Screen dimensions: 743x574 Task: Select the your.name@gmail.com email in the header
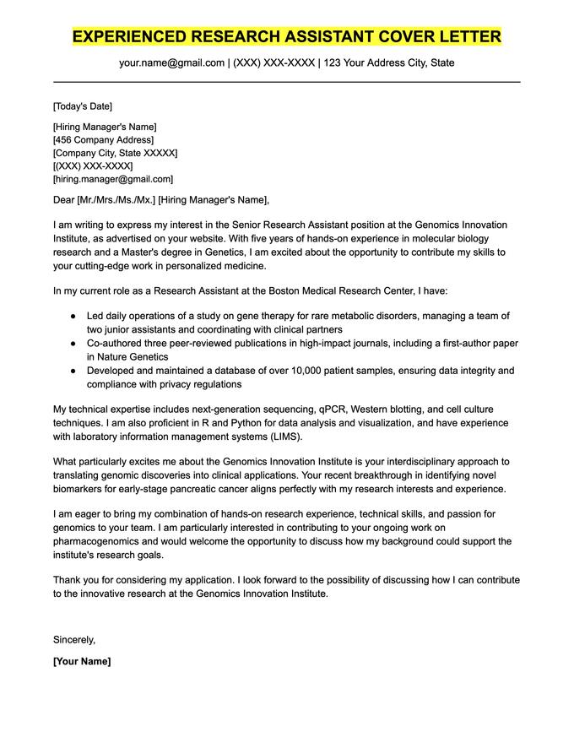171,63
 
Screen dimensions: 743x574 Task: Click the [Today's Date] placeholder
82,106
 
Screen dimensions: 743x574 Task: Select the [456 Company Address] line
103,140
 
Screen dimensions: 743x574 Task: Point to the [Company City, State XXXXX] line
115,153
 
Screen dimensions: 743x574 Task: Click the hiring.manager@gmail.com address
112,179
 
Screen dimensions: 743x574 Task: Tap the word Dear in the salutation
64,200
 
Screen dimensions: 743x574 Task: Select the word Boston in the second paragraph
287,290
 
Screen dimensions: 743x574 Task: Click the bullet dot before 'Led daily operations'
73,316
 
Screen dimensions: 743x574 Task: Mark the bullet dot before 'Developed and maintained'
73,371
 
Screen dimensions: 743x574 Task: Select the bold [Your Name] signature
82,661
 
